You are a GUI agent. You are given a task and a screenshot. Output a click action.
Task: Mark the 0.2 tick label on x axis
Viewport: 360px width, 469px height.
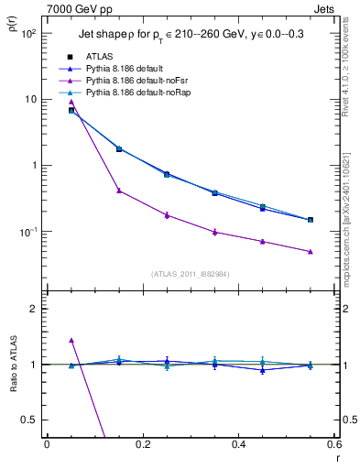(142, 446)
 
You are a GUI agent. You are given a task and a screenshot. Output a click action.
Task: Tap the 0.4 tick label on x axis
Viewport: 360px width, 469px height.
(238, 446)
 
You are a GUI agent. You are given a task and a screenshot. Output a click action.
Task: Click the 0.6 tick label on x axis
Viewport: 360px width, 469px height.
(333, 446)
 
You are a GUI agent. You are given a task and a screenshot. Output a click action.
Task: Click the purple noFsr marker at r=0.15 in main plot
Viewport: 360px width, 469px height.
(119, 191)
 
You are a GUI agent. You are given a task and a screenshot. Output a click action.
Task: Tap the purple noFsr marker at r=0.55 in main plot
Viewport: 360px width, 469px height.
(311, 252)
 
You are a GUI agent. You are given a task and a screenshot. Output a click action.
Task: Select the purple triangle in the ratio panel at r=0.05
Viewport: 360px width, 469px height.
(71, 340)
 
